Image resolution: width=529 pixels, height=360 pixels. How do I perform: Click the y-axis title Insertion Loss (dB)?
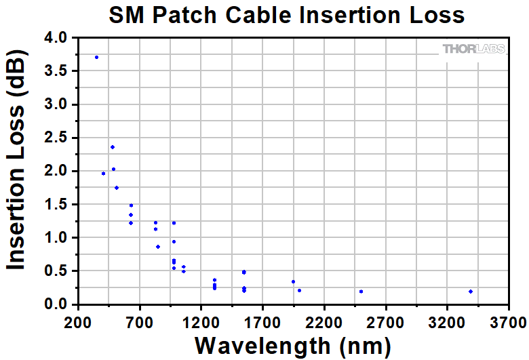coord(16,171)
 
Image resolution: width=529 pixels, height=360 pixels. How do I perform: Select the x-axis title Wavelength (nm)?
coord(292,344)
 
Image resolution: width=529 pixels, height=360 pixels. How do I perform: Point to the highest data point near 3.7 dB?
coord(96,57)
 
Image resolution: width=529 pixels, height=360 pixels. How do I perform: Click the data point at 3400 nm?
coord(470,292)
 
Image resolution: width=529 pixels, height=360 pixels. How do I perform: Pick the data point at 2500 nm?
coord(361,292)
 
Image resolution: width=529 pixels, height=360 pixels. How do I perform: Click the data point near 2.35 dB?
coord(113,147)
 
